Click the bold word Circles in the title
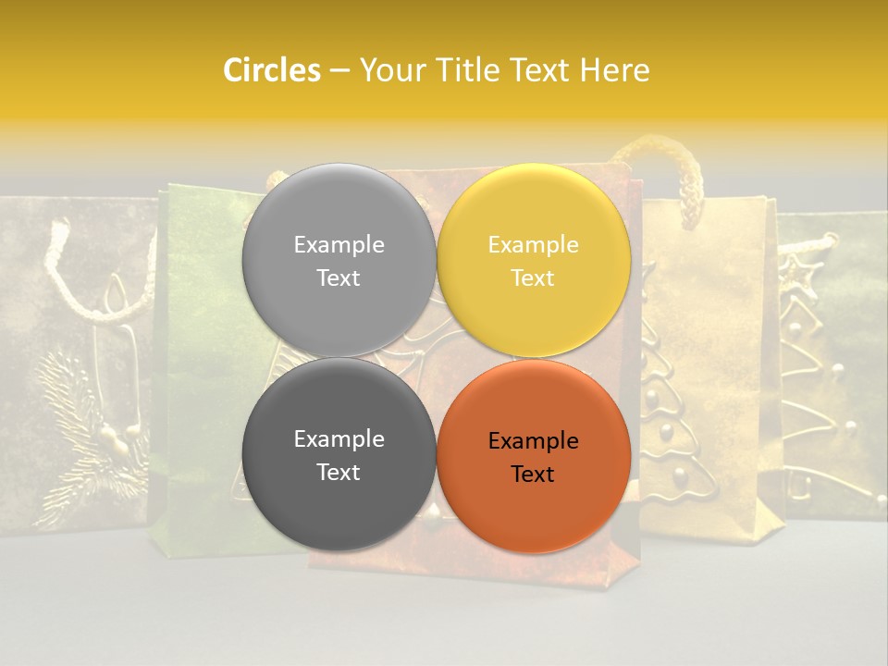[x=271, y=69]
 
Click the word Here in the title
[x=614, y=69]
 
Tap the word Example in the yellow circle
[x=533, y=244]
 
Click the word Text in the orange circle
[x=533, y=475]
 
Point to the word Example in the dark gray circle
[x=339, y=438]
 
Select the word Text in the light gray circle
[x=339, y=278]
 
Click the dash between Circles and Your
[x=339, y=70]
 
